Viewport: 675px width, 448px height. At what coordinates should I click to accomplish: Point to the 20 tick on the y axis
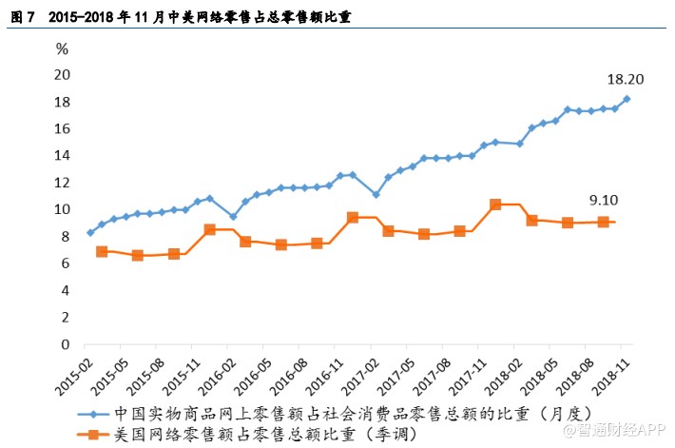pyautogui.click(x=63, y=75)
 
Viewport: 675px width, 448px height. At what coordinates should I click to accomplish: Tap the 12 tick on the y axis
pyautogui.click(x=63, y=183)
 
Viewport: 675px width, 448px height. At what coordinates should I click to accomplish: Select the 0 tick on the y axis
pyautogui.click(x=67, y=344)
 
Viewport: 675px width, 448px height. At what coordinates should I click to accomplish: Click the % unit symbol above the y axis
pyautogui.click(x=62, y=49)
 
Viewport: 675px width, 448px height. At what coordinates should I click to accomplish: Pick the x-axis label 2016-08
pyautogui.click(x=286, y=377)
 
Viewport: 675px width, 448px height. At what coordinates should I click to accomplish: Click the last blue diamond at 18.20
pyautogui.click(x=627, y=99)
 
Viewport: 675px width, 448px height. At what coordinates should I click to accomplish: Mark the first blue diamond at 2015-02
pyautogui.click(x=90, y=232)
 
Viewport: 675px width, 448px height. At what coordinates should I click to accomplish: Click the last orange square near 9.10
pyautogui.click(x=603, y=222)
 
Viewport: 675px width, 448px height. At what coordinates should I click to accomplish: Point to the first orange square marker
pyautogui.click(x=102, y=251)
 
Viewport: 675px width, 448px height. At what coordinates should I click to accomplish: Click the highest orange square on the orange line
pyautogui.click(x=495, y=205)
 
